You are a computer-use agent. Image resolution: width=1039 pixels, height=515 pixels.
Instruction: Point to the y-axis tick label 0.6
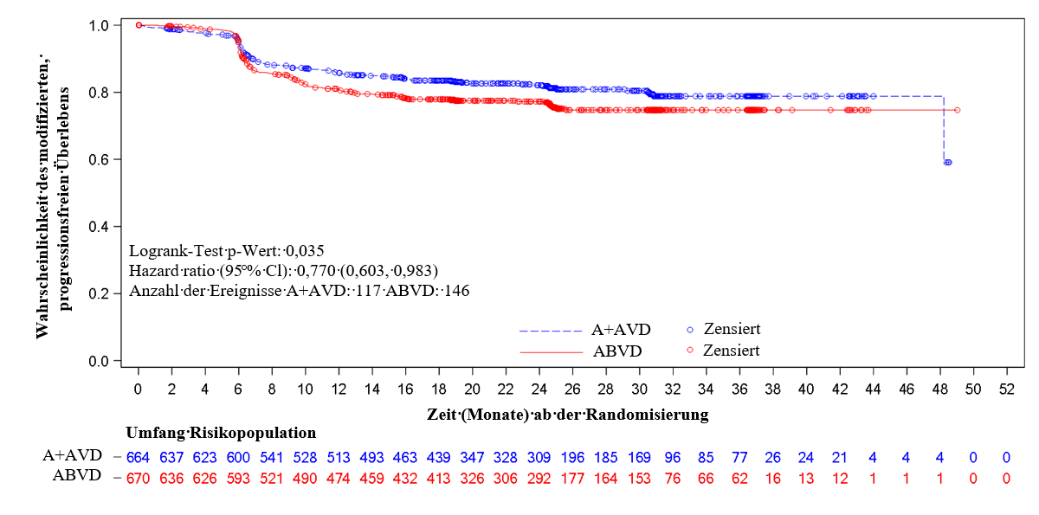[x=98, y=160]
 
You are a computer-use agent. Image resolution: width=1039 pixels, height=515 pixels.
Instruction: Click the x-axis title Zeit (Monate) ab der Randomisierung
[x=567, y=415]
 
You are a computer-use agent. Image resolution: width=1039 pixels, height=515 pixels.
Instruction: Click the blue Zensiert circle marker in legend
[x=690, y=330]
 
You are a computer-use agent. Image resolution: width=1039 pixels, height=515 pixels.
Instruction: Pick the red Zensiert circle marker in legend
[x=690, y=351]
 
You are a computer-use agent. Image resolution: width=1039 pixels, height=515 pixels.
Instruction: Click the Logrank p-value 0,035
[x=277, y=252]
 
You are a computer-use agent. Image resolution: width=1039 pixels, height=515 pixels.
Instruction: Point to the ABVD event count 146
[x=455, y=291]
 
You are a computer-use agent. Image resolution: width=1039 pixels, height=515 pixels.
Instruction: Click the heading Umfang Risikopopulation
[x=221, y=433]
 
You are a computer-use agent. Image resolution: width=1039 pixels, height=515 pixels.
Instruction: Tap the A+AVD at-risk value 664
[x=139, y=456]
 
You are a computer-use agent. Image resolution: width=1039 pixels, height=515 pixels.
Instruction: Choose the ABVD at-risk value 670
[x=139, y=476]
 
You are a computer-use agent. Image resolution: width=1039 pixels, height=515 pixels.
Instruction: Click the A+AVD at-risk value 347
[x=473, y=456]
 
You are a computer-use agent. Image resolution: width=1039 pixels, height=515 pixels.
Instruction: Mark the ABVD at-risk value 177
[x=573, y=476]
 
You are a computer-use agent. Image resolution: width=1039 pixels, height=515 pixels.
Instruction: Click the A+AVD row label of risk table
[x=73, y=455]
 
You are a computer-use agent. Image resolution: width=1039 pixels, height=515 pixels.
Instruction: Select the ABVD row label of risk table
[x=78, y=475]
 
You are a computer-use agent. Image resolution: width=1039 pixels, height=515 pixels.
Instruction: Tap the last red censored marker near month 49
[x=957, y=110]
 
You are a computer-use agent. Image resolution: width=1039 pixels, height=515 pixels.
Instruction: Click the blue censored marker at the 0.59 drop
[x=948, y=162]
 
